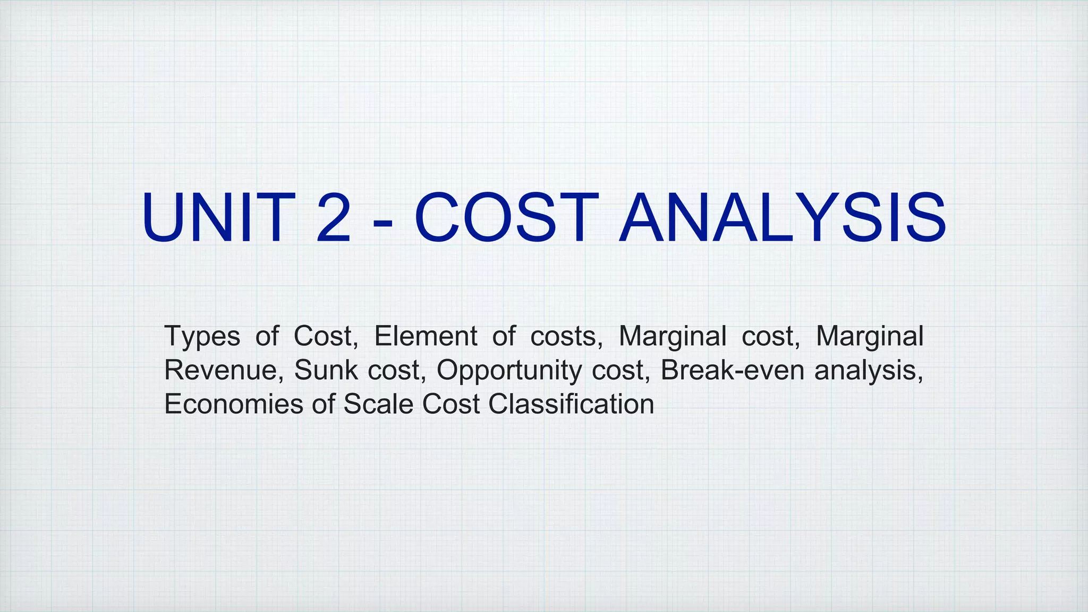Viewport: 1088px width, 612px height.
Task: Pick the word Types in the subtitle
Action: pos(202,337)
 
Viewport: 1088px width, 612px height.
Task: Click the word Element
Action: pos(425,337)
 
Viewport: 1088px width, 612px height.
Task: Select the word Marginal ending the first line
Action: pos(869,337)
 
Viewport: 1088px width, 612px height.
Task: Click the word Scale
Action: pos(378,404)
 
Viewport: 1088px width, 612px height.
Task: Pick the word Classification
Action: pos(571,404)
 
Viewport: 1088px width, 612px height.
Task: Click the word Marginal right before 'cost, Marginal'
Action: pos(672,337)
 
